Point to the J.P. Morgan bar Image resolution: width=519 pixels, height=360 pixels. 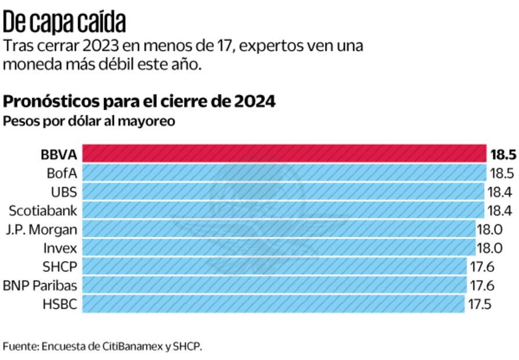point(278,229)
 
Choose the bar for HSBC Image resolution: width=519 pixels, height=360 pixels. point(273,304)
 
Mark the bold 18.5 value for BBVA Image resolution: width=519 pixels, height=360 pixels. point(503,154)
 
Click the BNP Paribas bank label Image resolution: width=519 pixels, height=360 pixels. point(40,285)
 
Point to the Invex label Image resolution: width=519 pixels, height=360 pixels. point(60,248)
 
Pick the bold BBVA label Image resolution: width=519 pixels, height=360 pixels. point(59,155)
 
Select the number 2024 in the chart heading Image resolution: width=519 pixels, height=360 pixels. point(255,102)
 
